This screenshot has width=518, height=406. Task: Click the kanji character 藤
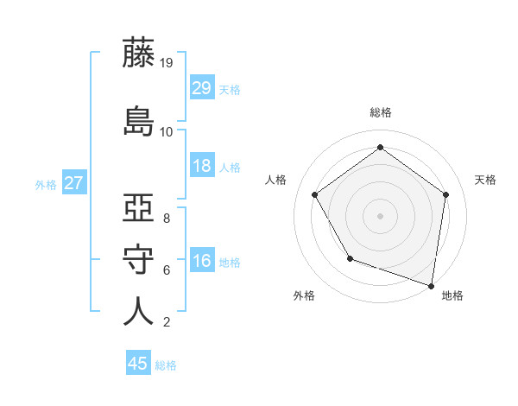coord(139,54)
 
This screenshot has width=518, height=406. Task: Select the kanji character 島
coord(139,119)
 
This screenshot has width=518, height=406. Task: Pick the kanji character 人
coord(139,311)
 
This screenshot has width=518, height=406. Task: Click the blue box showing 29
coord(202,88)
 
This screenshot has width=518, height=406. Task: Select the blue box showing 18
coord(202,167)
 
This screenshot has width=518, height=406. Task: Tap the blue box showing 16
coord(202,262)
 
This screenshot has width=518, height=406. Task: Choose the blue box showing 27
coord(73,183)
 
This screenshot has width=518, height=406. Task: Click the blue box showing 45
coord(138,364)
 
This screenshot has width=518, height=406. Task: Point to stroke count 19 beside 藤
coord(167,62)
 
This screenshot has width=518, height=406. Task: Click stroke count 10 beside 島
coord(167,131)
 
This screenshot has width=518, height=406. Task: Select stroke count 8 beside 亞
coord(166,219)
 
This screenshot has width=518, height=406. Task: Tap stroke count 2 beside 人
coord(166,322)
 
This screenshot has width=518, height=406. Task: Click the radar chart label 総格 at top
coord(381,112)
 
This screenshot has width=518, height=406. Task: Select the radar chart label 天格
coord(485,180)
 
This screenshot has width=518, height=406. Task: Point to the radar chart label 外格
coord(304,295)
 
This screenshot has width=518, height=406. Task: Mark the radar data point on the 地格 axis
coord(432,285)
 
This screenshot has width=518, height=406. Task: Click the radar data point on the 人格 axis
coord(314,194)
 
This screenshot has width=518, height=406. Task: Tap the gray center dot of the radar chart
coord(380,215)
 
